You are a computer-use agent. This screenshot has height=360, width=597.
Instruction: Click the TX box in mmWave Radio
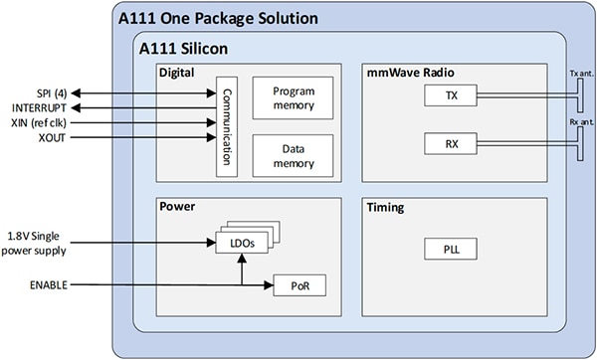pyautogui.click(x=450, y=95)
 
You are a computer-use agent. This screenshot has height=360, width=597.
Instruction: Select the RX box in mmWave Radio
pyautogui.click(x=450, y=144)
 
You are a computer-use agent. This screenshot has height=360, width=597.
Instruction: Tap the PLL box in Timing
pyautogui.click(x=450, y=250)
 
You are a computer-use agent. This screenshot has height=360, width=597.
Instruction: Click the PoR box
pyautogui.click(x=299, y=286)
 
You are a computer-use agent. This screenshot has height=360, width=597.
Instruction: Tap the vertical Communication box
pyautogui.click(x=226, y=127)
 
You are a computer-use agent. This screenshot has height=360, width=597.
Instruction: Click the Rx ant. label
pyautogui.click(x=580, y=122)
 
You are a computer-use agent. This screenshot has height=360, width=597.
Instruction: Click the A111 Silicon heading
pyautogui.click(x=183, y=47)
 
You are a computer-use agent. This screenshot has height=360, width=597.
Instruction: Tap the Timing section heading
pyautogui.click(x=387, y=210)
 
